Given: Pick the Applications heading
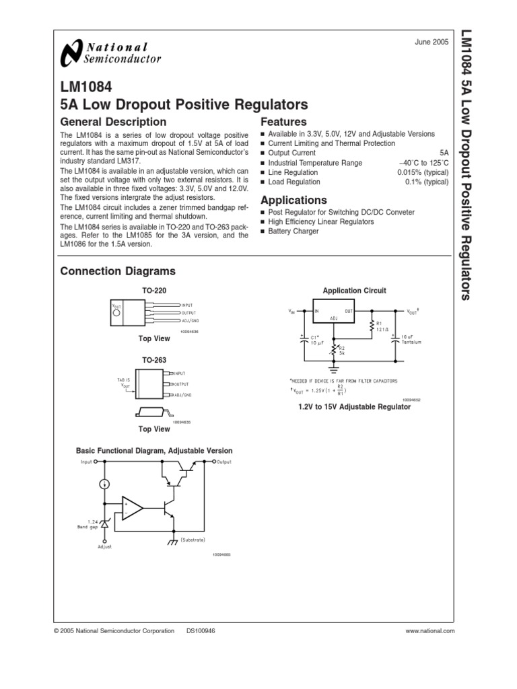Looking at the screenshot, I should (x=294, y=200).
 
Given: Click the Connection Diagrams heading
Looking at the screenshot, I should (x=118, y=271).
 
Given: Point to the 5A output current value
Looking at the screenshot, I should (x=444, y=153).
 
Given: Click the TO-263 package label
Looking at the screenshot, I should (x=153, y=361).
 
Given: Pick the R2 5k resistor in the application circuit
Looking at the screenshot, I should (x=335, y=349).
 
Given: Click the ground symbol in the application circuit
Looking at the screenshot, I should (x=334, y=369).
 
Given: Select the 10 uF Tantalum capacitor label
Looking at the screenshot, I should (x=410, y=339).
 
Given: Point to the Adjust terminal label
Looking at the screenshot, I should (x=105, y=546).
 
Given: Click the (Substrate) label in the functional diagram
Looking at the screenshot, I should (x=192, y=540).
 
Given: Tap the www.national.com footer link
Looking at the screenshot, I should (x=431, y=630).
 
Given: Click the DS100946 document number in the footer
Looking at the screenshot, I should (x=201, y=630).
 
